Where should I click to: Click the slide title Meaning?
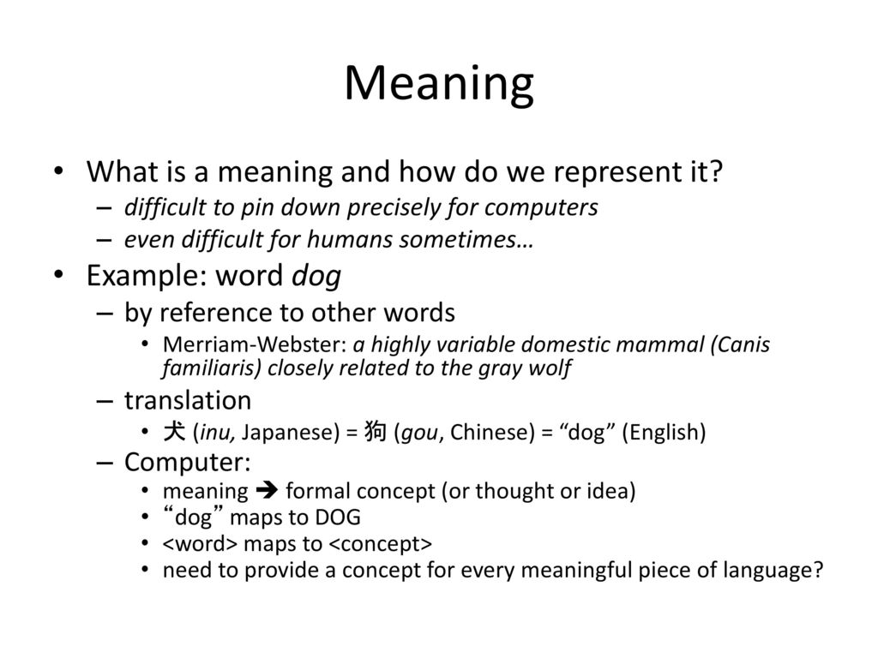point(439,84)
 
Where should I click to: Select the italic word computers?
point(541,207)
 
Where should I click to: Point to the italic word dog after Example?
point(316,276)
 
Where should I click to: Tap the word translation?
point(188,401)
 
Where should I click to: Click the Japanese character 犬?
point(174,432)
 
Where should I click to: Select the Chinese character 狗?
point(376,432)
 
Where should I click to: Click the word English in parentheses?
point(664,433)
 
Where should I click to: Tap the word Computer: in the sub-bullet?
point(188,463)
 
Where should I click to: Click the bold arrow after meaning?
point(267,491)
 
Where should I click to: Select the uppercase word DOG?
point(338,517)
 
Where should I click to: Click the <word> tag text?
point(201,544)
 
